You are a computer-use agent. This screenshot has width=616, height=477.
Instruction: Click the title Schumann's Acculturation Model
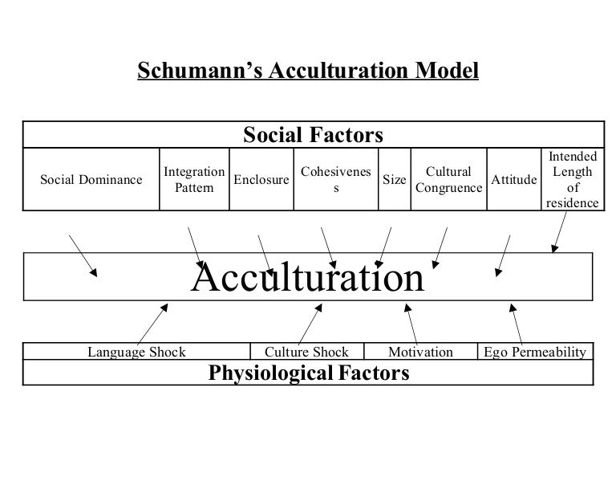pos(308,71)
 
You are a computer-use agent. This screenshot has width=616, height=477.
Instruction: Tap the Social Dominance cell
pos(91,180)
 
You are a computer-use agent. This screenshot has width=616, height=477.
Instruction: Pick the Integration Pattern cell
pos(193,180)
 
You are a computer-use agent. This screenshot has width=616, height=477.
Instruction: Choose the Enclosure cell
pos(261,180)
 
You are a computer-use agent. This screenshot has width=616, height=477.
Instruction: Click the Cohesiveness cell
pos(335,180)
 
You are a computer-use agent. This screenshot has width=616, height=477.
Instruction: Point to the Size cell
pos(394,180)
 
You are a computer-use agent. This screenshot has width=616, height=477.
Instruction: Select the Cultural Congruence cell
pos(448,180)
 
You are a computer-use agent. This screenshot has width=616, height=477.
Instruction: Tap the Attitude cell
pos(513,180)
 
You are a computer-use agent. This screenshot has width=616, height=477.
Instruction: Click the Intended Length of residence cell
pos(572,180)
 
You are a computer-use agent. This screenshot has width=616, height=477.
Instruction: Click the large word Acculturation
pos(307,279)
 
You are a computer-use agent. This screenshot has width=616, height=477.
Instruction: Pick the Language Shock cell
pos(136,352)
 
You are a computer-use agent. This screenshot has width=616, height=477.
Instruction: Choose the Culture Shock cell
pos(306,352)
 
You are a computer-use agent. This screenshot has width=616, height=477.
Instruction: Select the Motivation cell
pos(420,352)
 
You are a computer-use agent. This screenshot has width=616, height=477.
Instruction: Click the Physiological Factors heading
pos(309,373)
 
